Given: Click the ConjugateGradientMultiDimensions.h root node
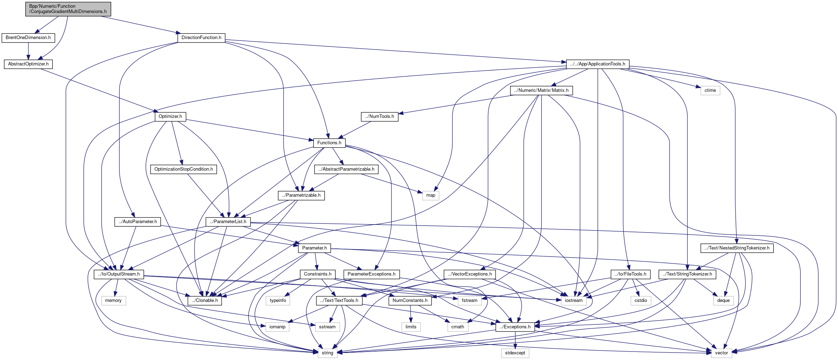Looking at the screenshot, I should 68,9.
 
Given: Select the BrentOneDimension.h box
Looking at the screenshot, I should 28,38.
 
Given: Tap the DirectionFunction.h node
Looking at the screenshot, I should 201,38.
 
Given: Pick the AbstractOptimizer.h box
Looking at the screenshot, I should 28,64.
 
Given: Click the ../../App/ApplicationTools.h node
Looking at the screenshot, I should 597,64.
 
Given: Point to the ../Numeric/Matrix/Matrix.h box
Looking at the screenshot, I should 541,90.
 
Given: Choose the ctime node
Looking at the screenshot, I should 710,90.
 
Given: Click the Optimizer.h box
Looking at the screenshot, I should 170,116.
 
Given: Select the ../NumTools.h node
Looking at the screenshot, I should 380,116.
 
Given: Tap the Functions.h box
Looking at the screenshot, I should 329,143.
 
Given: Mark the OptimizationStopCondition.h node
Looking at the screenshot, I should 184,169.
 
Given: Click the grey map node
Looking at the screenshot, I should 431,195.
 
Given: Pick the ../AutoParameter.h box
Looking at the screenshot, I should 138,222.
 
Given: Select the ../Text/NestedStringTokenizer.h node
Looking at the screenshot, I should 737,248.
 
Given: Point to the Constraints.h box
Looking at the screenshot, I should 318,274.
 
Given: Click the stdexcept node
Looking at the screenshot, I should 515,353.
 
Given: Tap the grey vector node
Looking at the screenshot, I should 721,353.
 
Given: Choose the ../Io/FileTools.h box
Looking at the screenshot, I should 630,274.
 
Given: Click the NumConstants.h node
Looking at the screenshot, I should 410,301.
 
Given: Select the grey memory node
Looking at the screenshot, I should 113,301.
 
